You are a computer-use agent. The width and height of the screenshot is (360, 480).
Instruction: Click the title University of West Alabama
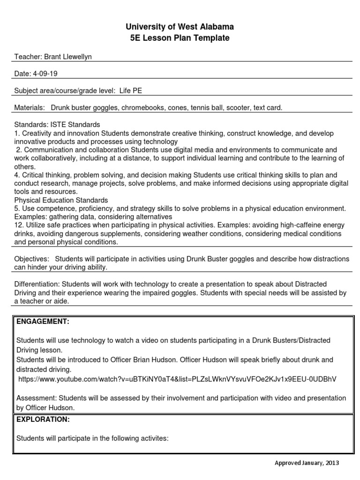pos(180,27)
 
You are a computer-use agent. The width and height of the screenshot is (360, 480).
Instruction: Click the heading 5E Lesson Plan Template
pos(180,38)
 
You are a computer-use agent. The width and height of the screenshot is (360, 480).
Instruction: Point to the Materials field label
pos(29,108)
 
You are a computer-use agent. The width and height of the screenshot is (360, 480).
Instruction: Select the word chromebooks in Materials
pos(144,108)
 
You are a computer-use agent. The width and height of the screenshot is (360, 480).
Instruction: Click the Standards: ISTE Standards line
pos(57,125)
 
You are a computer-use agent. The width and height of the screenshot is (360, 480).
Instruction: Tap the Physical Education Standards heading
pos(61,200)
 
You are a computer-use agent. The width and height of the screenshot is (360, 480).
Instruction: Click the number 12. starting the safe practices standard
pos(19,225)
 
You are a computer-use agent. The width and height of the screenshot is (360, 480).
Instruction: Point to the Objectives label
pos(31,259)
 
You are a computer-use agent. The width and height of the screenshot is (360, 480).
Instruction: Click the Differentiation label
pos(37,284)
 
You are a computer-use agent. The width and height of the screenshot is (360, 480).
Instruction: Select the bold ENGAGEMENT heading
pos(43,322)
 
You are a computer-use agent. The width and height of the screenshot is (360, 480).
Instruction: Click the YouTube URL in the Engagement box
pos(177,379)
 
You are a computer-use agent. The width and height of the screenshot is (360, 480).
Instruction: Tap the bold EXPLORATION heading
pos(43,419)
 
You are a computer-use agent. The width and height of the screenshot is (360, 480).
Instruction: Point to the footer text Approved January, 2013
pos(307,463)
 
